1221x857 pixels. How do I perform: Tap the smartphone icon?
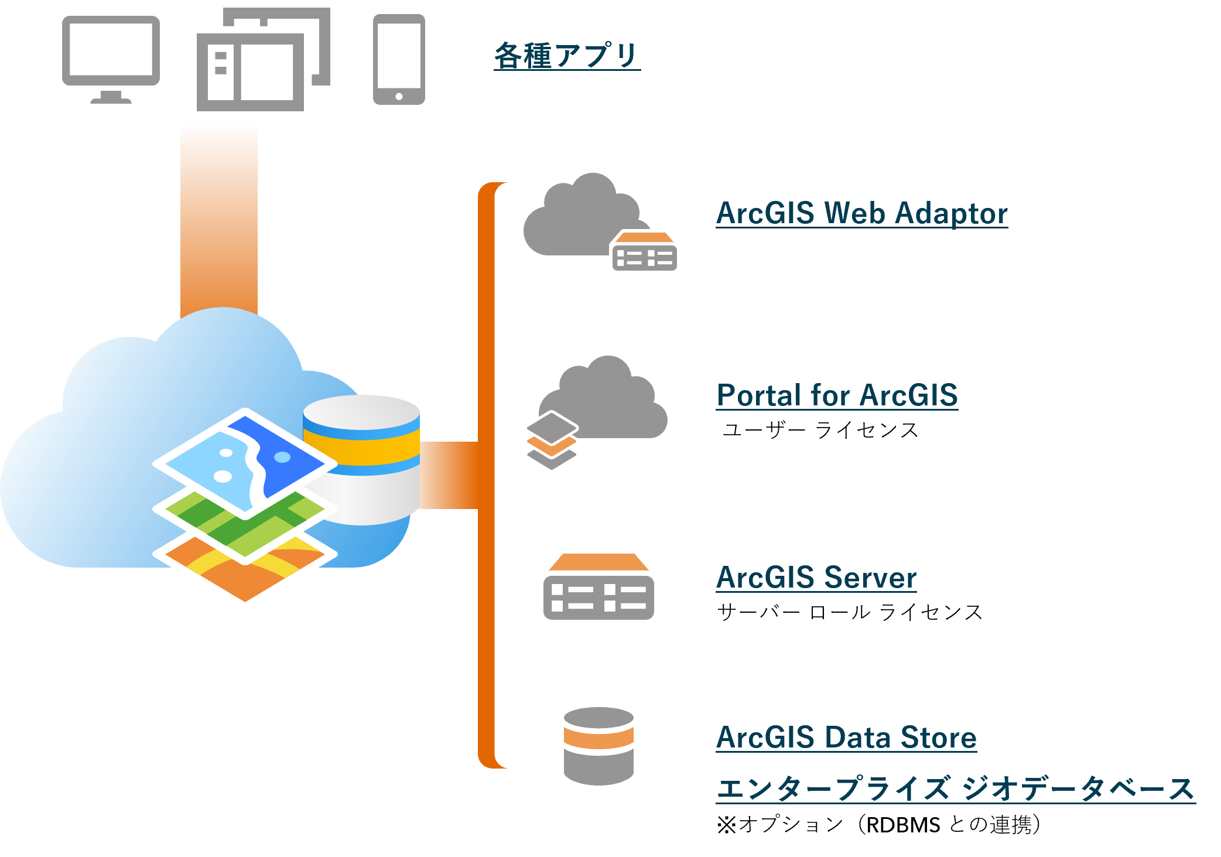(399, 59)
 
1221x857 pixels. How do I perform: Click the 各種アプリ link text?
(567, 56)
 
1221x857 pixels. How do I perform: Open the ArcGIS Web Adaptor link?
(861, 213)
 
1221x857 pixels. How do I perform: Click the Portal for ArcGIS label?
(837, 395)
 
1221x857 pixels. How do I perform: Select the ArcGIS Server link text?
(816, 578)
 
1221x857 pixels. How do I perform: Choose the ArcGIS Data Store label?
(846, 737)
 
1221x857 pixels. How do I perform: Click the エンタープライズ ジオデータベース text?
(955, 788)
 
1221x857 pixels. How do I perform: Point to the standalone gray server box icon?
(598, 588)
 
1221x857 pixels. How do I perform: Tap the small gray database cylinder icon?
(598, 746)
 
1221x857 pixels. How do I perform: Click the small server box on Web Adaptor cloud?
(644, 252)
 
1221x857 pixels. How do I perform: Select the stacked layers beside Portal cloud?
(551, 441)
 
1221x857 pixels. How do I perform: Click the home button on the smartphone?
(399, 97)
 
